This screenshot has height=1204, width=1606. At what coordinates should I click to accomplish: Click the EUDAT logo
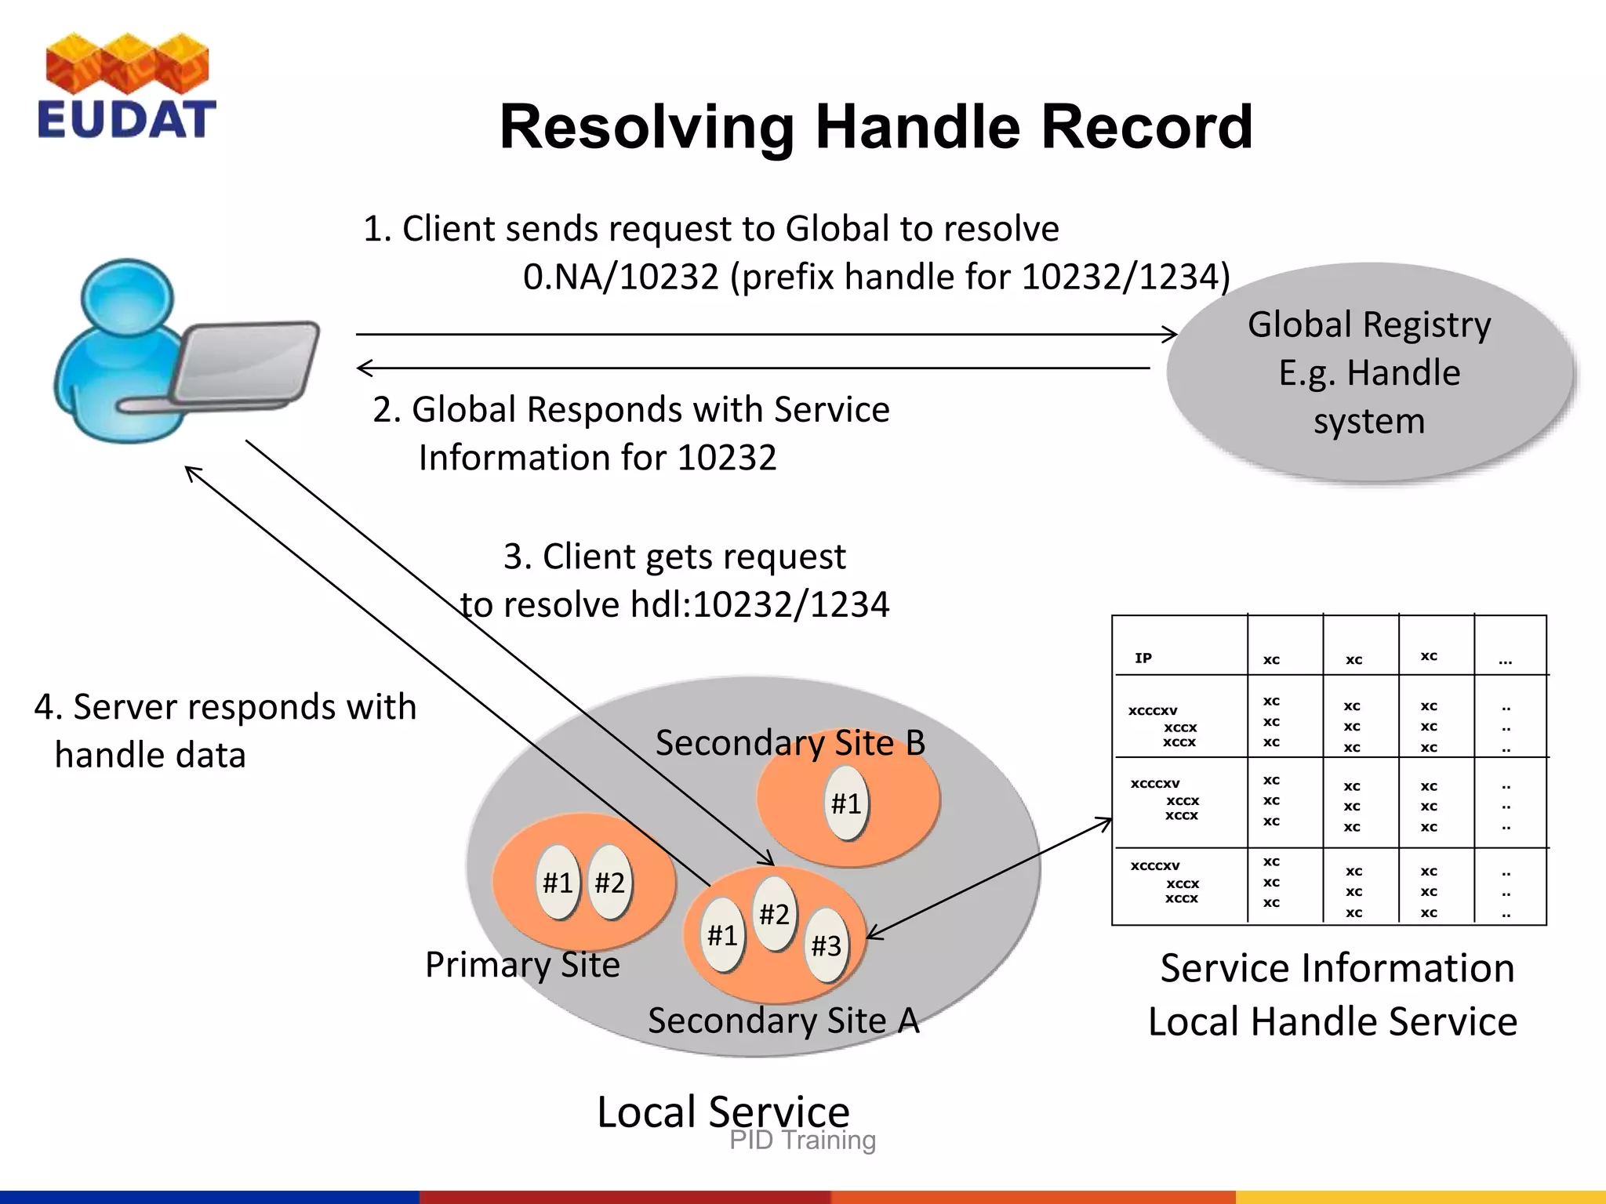tap(126, 87)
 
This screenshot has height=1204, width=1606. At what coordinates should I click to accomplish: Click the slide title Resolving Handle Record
tap(876, 127)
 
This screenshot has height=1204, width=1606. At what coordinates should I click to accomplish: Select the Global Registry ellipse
tap(1369, 372)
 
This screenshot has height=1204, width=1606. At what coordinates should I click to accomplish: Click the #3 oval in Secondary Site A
tap(827, 946)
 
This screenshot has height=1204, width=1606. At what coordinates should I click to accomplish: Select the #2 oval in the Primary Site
tap(609, 883)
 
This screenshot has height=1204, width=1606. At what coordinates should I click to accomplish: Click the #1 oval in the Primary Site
tap(558, 883)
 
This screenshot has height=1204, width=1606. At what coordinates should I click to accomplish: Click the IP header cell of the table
tap(1143, 658)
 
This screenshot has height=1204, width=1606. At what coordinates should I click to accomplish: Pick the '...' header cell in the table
tap(1505, 661)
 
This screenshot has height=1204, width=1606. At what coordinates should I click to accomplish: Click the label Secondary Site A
tap(783, 1021)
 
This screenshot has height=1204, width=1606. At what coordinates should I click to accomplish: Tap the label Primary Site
tap(522, 964)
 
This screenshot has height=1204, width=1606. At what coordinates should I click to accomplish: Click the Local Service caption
tap(723, 1111)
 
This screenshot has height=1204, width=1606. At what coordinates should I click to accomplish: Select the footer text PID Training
tap(802, 1141)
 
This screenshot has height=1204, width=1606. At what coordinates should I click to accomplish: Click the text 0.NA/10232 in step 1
tap(620, 277)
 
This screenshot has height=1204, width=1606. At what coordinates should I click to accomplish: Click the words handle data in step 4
tap(150, 755)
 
